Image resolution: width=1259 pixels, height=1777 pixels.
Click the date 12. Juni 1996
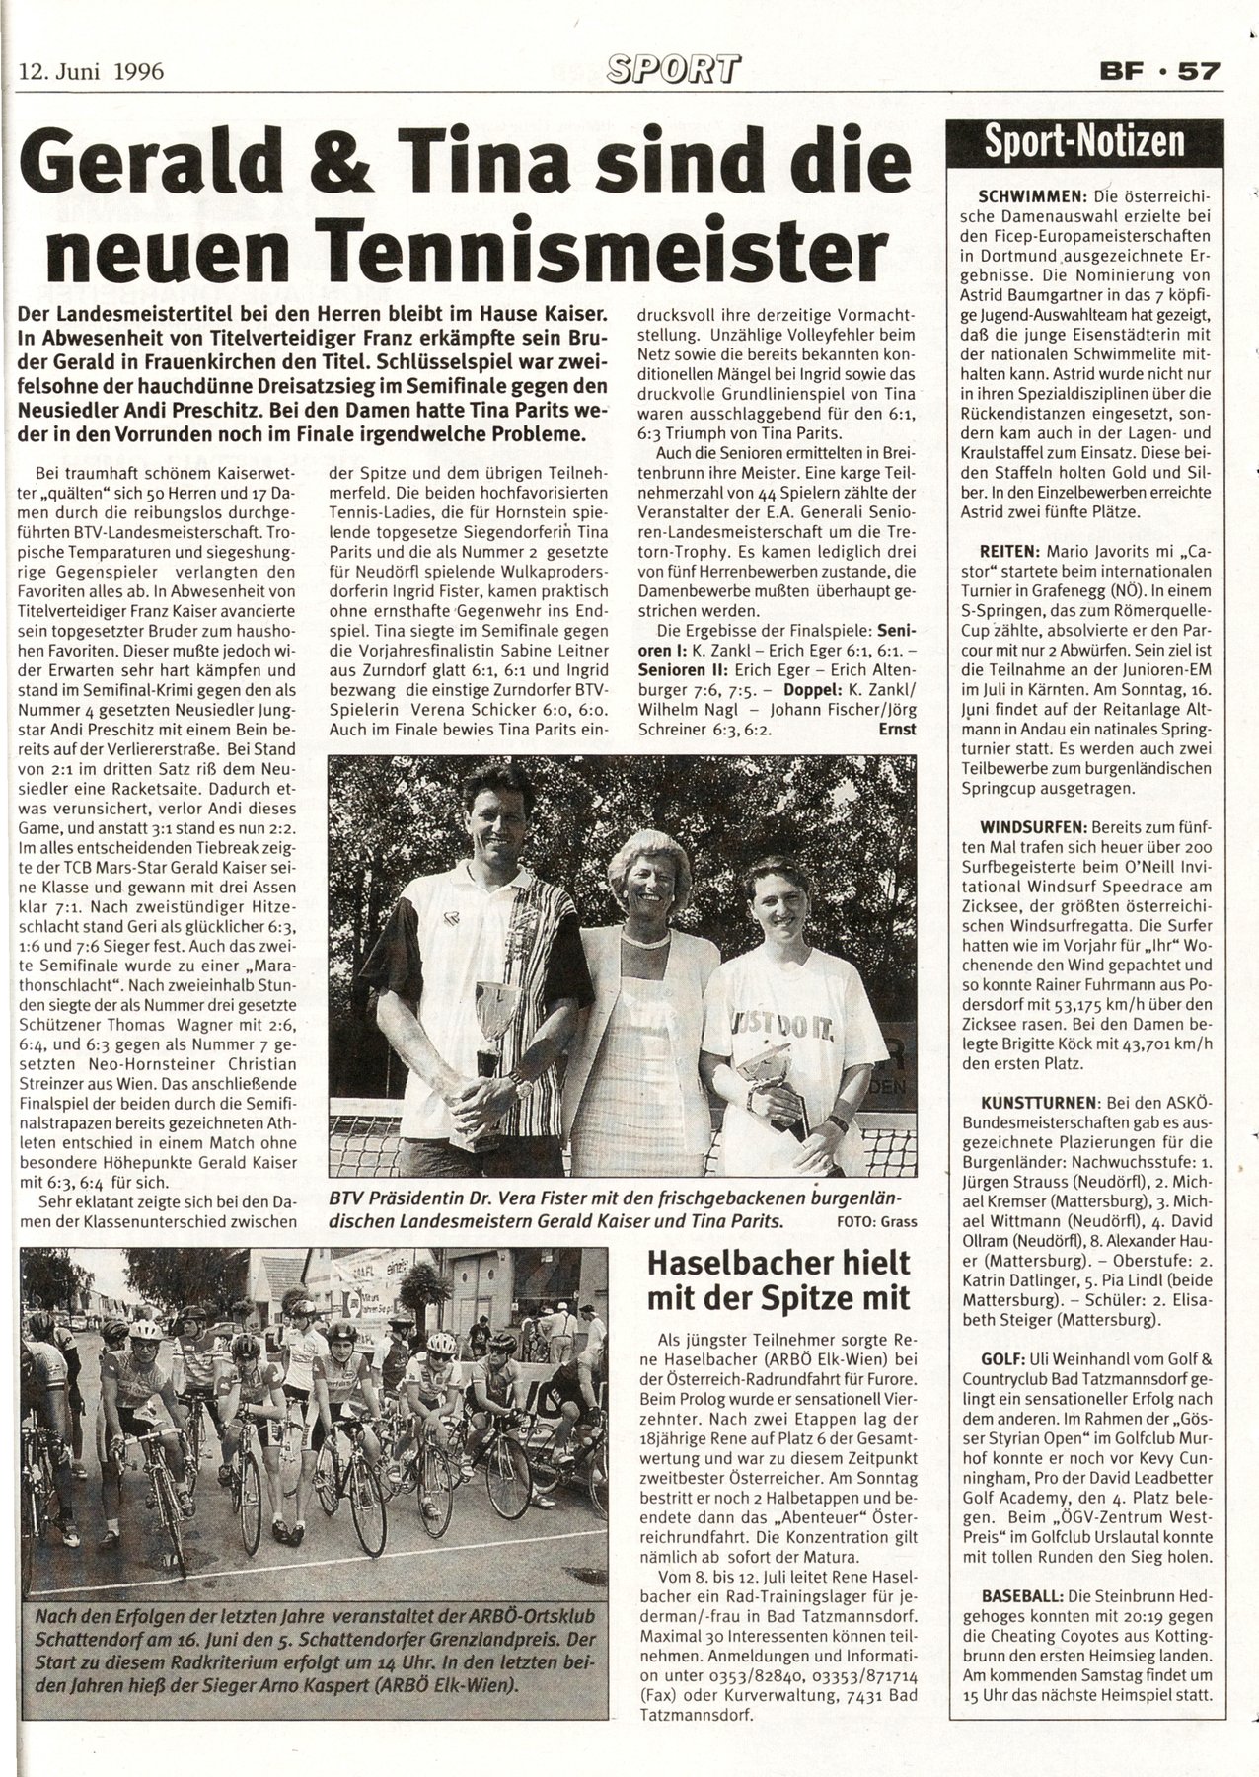[91, 71]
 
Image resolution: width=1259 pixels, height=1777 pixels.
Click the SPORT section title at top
[674, 69]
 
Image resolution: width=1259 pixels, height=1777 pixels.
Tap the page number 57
[1201, 71]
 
